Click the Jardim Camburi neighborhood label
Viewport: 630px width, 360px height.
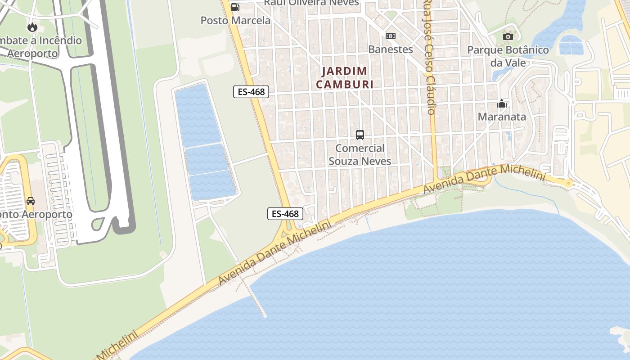tap(345, 77)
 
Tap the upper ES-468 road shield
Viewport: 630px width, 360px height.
tap(251, 92)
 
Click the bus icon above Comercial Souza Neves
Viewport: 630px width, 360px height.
tap(360, 135)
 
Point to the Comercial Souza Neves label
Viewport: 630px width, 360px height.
tap(360, 154)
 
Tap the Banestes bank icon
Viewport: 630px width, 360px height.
tap(391, 36)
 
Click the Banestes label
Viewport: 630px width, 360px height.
tap(391, 49)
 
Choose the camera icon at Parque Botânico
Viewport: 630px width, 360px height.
tap(508, 36)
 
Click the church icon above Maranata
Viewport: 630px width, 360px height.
tap(502, 104)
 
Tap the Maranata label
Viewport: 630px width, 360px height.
tap(502, 117)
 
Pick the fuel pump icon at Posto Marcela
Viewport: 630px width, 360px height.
tap(235, 7)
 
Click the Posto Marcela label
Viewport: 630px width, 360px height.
tap(235, 20)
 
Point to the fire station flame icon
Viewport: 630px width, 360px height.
tap(32, 27)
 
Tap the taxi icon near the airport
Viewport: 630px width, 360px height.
tap(31, 201)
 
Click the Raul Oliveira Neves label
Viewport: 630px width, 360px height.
tap(311, 3)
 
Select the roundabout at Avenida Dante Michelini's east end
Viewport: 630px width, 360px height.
tap(569, 183)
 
